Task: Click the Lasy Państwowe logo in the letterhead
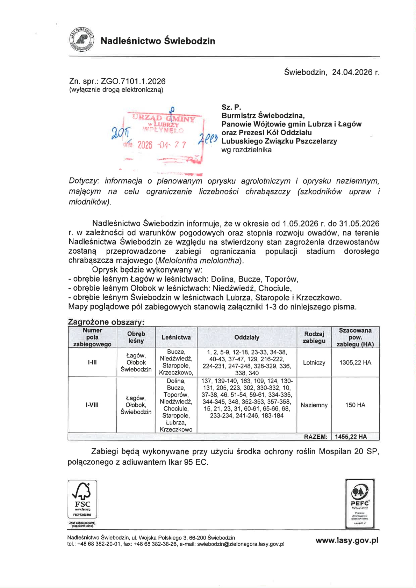pos(81,40)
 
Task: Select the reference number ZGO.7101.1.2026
pos(133,81)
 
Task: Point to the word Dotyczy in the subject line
pos(84,181)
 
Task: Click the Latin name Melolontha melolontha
pos(199,261)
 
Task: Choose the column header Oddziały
pos(247,337)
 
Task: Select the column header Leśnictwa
pos(176,337)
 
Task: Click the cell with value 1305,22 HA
pos(355,363)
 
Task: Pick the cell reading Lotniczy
pos(314,363)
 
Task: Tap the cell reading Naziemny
pos(314,405)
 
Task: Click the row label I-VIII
pos(92,405)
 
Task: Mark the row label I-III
pos(92,363)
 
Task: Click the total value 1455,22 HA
pos(351,437)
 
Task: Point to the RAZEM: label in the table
pos(316,437)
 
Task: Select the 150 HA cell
pos(355,405)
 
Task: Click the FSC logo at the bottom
pos(82,499)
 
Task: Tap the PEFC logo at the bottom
pos(360,503)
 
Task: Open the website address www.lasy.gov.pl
pos(347,540)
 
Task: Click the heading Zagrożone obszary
pos(106,322)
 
